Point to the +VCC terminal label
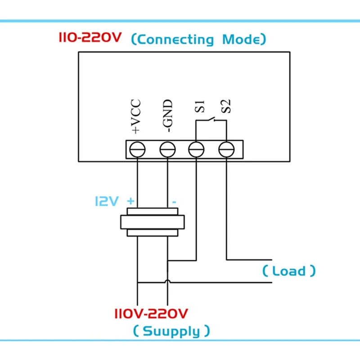(x=136, y=117)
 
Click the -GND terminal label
(x=167, y=117)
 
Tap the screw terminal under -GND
(x=167, y=149)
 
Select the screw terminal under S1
(x=196, y=149)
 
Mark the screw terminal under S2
(x=226, y=149)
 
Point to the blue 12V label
(x=106, y=201)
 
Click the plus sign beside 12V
(x=131, y=201)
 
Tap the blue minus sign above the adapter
(x=173, y=202)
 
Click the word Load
(x=289, y=271)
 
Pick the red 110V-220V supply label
(x=152, y=313)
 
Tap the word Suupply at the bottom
(x=171, y=332)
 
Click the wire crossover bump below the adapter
(x=167, y=282)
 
